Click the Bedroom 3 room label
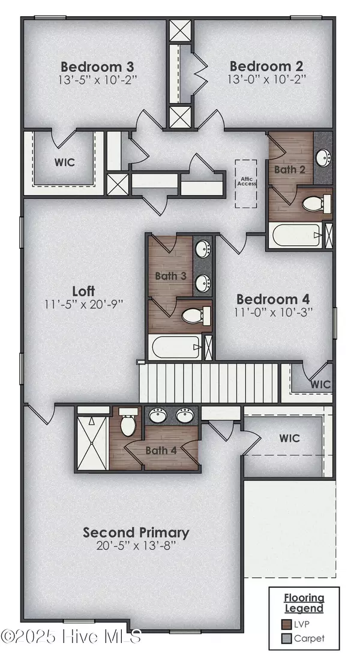(x=98, y=66)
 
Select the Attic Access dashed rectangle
(x=247, y=183)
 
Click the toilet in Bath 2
(x=317, y=203)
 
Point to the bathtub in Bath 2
(x=295, y=235)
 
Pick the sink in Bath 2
(x=323, y=158)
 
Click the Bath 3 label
(x=170, y=276)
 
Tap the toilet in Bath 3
(x=197, y=314)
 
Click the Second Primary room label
(x=136, y=532)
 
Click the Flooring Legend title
(x=304, y=602)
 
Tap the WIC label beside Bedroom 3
(x=65, y=162)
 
